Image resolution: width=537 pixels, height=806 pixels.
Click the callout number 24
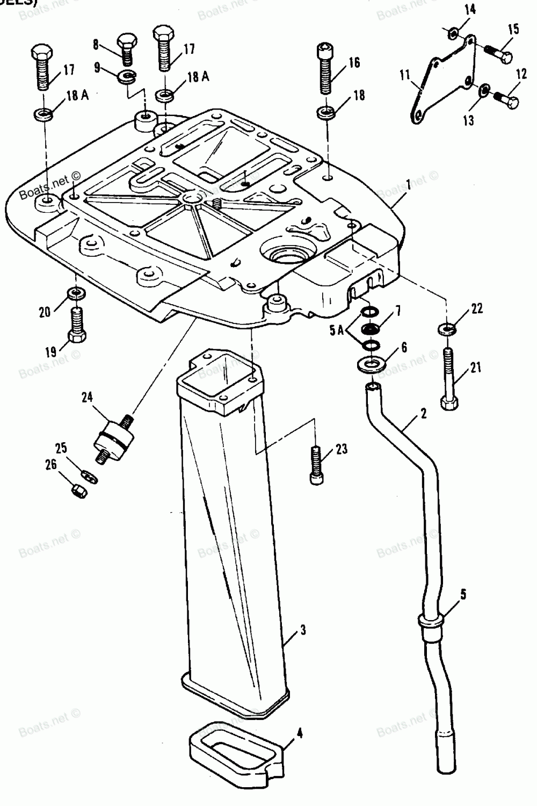[88, 397]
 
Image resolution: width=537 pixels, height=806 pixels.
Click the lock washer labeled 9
[126, 76]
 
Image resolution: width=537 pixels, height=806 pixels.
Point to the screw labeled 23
[316, 464]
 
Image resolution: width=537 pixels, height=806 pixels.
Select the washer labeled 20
[76, 293]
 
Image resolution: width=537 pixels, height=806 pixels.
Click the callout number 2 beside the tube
[423, 413]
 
